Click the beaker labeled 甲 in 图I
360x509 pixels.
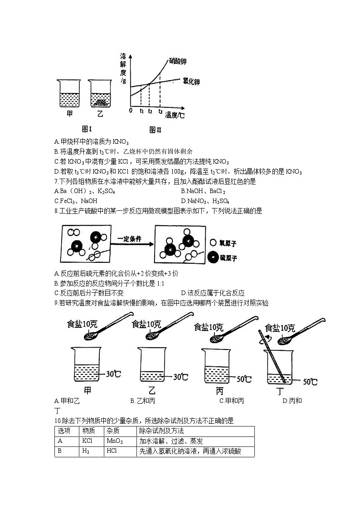click(x=69, y=94)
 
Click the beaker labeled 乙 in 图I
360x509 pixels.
click(x=100, y=94)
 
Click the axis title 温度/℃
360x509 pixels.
click(x=175, y=115)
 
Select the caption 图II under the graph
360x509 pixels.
click(x=156, y=130)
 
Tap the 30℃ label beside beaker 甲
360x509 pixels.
click(x=113, y=374)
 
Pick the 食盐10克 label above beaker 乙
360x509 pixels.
click(x=146, y=324)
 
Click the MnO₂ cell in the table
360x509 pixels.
click(x=114, y=441)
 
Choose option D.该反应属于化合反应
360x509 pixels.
click(x=212, y=293)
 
